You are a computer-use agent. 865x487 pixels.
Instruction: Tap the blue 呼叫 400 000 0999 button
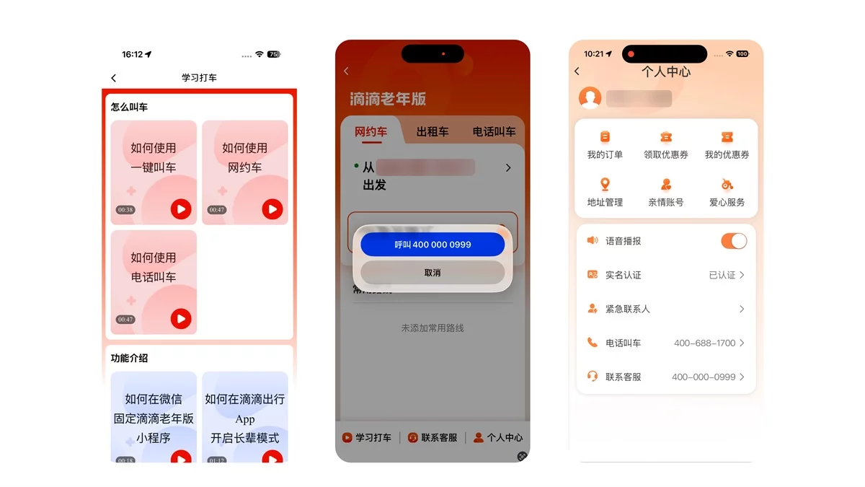click(432, 245)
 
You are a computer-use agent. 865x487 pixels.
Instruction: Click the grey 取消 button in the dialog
click(432, 273)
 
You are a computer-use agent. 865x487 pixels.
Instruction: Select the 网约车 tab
click(371, 132)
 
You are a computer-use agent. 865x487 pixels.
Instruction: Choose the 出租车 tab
click(432, 132)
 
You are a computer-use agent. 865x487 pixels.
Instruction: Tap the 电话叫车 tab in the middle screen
click(494, 132)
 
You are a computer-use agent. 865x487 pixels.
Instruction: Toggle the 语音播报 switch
click(734, 241)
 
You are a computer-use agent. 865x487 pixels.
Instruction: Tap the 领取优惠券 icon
click(666, 137)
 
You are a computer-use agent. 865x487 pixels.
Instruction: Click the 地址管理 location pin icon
click(605, 185)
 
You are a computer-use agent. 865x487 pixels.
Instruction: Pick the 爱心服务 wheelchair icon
click(727, 185)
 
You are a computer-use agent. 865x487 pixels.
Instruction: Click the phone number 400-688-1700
click(704, 343)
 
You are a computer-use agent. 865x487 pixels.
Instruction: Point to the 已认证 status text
click(722, 275)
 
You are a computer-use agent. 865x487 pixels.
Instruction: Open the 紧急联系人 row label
click(627, 309)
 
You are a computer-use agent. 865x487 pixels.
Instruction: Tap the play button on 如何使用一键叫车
click(181, 209)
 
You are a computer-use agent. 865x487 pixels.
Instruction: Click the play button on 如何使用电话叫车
click(181, 319)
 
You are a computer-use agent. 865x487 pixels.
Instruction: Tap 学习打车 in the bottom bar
click(367, 437)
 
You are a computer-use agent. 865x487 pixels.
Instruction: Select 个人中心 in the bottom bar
click(498, 437)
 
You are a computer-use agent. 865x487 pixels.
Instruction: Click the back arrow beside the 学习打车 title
click(114, 78)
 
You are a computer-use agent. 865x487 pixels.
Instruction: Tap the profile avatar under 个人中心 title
click(590, 98)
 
